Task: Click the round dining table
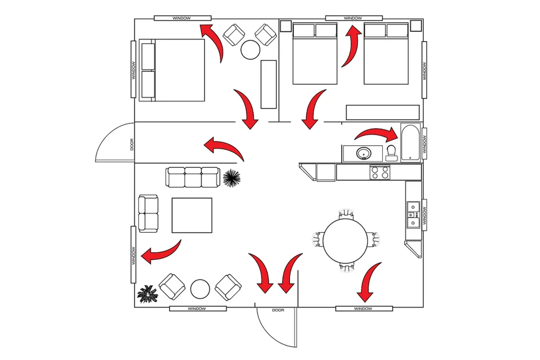tap(345, 238)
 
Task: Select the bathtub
tap(411, 142)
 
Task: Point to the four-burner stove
tap(380, 173)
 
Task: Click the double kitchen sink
tap(414, 215)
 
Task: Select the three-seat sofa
tap(193, 177)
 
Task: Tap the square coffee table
tap(192, 215)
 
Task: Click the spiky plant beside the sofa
tap(232, 177)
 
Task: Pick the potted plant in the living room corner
tap(147, 295)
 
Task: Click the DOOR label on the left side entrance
tap(131, 144)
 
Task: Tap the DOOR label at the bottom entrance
tap(278, 310)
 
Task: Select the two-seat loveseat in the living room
tap(148, 213)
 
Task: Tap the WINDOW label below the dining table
tap(363, 309)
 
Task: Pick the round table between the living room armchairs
tap(200, 287)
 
